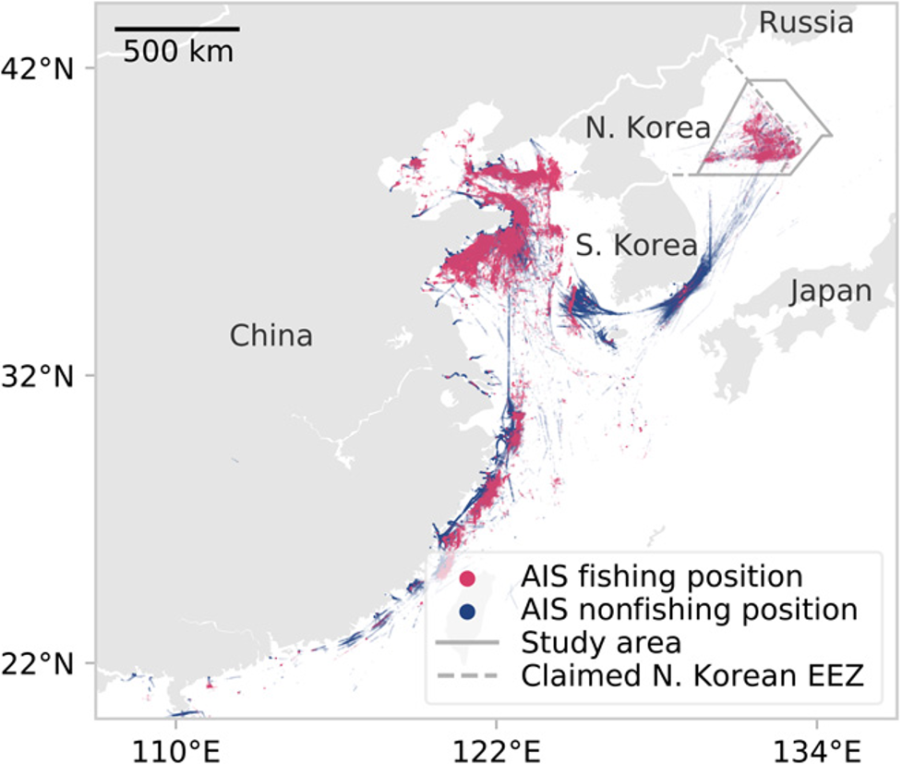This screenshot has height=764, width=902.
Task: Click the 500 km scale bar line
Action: pyautogui.click(x=177, y=30)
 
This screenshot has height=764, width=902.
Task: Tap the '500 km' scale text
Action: pyautogui.click(x=178, y=51)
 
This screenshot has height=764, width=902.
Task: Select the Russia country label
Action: pyautogui.click(x=805, y=23)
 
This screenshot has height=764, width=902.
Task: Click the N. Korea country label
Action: pyautogui.click(x=647, y=128)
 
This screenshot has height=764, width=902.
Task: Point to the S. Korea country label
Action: pyautogui.click(x=636, y=246)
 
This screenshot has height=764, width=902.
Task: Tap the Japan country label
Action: pyautogui.click(x=831, y=292)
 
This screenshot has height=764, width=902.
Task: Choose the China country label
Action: pyautogui.click(x=271, y=335)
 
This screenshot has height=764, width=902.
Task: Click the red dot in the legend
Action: pyautogui.click(x=468, y=579)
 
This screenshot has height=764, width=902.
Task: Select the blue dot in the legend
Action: pyautogui.click(x=468, y=611)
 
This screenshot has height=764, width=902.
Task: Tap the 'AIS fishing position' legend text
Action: pyautogui.click(x=662, y=577)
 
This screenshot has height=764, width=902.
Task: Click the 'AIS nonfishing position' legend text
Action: pyautogui.click(x=690, y=610)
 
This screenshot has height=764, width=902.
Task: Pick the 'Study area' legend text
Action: pyautogui.click(x=601, y=641)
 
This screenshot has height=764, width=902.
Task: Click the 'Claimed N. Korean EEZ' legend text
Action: pyautogui.click(x=692, y=675)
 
